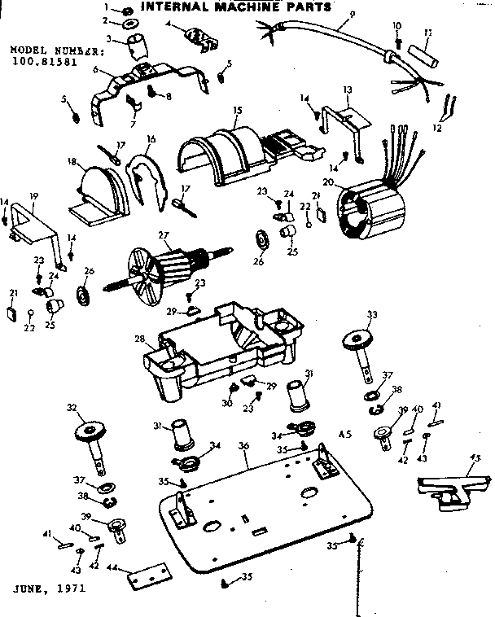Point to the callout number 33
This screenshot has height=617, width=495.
(x=372, y=314)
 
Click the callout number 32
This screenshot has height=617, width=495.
(x=71, y=407)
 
